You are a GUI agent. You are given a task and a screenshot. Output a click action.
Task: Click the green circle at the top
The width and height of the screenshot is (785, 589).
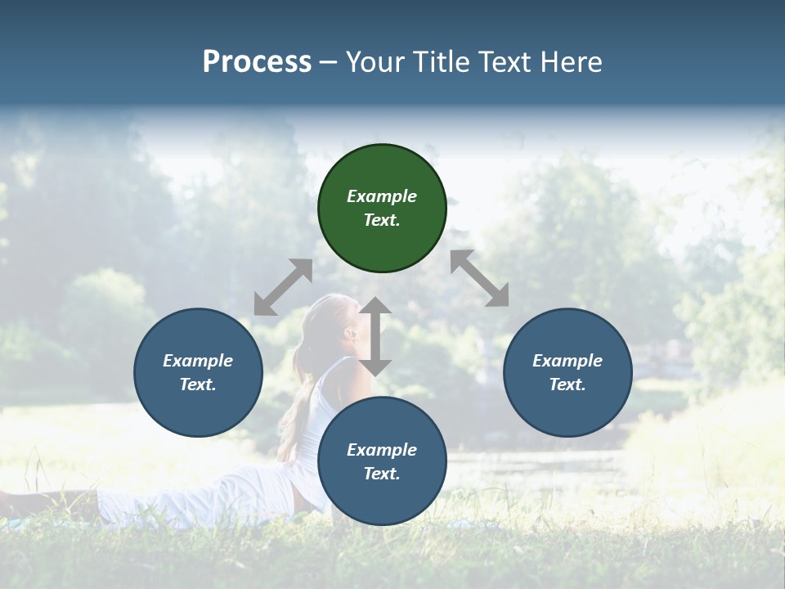[x=382, y=209]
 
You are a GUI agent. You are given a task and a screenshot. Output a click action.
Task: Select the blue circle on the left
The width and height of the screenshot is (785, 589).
[x=198, y=372]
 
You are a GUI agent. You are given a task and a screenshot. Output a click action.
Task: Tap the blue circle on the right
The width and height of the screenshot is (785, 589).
[x=567, y=372]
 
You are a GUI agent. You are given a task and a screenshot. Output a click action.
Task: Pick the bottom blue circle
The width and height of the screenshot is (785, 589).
[x=382, y=461]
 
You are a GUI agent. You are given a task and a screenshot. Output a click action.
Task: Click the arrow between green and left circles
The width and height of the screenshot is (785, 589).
[x=283, y=287]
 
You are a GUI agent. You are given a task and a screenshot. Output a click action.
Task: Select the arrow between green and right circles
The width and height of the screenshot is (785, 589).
[x=480, y=278]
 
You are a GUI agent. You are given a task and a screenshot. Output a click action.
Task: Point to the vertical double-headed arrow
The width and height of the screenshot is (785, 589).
[x=375, y=336]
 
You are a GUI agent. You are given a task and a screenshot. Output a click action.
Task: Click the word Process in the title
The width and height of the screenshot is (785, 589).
[x=257, y=62]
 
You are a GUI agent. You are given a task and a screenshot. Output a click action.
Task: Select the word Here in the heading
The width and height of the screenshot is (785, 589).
[x=572, y=62]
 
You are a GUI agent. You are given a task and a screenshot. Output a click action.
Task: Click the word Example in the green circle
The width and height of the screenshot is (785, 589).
[x=382, y=196]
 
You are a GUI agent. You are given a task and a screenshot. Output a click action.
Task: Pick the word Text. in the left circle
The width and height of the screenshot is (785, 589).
[x=198, y=384]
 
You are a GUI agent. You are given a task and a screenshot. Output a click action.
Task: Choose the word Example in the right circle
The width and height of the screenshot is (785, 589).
[x=567, y=361]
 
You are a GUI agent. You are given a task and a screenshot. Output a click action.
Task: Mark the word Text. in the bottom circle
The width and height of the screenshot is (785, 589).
[x=382, y=474]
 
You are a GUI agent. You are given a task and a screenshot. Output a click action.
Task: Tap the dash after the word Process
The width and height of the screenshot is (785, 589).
[x=328, y=62]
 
